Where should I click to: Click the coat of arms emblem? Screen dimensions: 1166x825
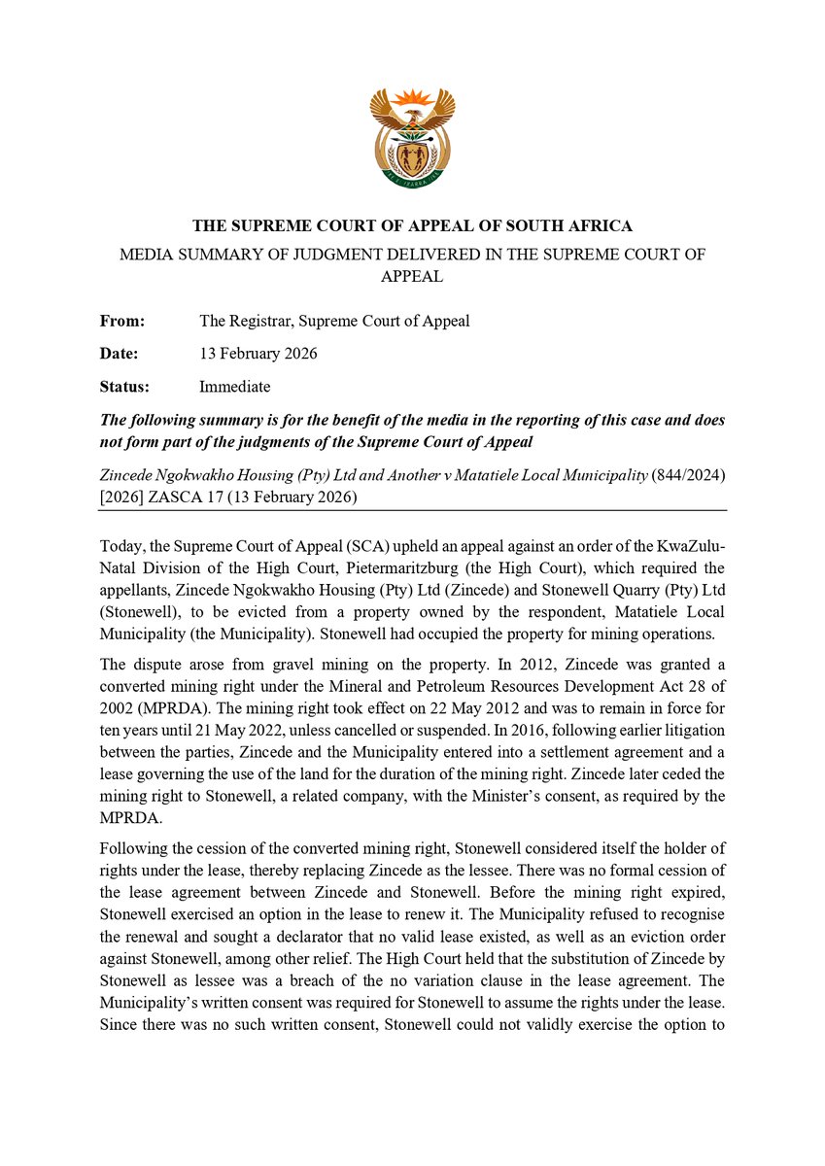coord(412,139)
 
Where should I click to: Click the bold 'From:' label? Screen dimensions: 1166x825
coord(122,321)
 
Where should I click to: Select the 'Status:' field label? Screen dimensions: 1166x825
coord(124,387)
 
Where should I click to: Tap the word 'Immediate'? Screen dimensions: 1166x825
coord(234,387)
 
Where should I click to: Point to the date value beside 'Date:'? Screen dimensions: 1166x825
coord(258,354)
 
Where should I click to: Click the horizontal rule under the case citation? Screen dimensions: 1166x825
coord(412,510)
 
